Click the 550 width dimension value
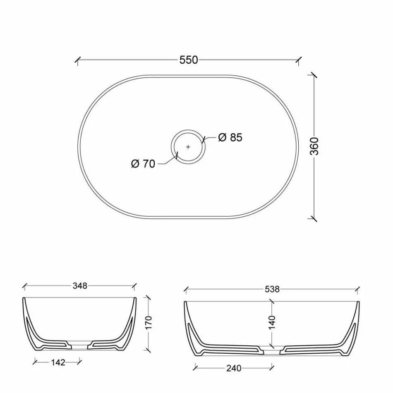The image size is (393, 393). (189, 60)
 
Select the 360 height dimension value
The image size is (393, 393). (314, 146)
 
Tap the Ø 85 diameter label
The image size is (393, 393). (230, 137)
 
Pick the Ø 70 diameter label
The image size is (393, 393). (143, 164)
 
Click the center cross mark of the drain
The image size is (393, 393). (188, 147)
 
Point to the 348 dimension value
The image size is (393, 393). (79, 285)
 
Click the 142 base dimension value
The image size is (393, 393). (58, 362)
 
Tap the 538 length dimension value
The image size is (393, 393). (272, 290)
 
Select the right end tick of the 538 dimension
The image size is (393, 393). (358, 289)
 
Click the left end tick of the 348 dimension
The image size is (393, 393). (24, 285)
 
